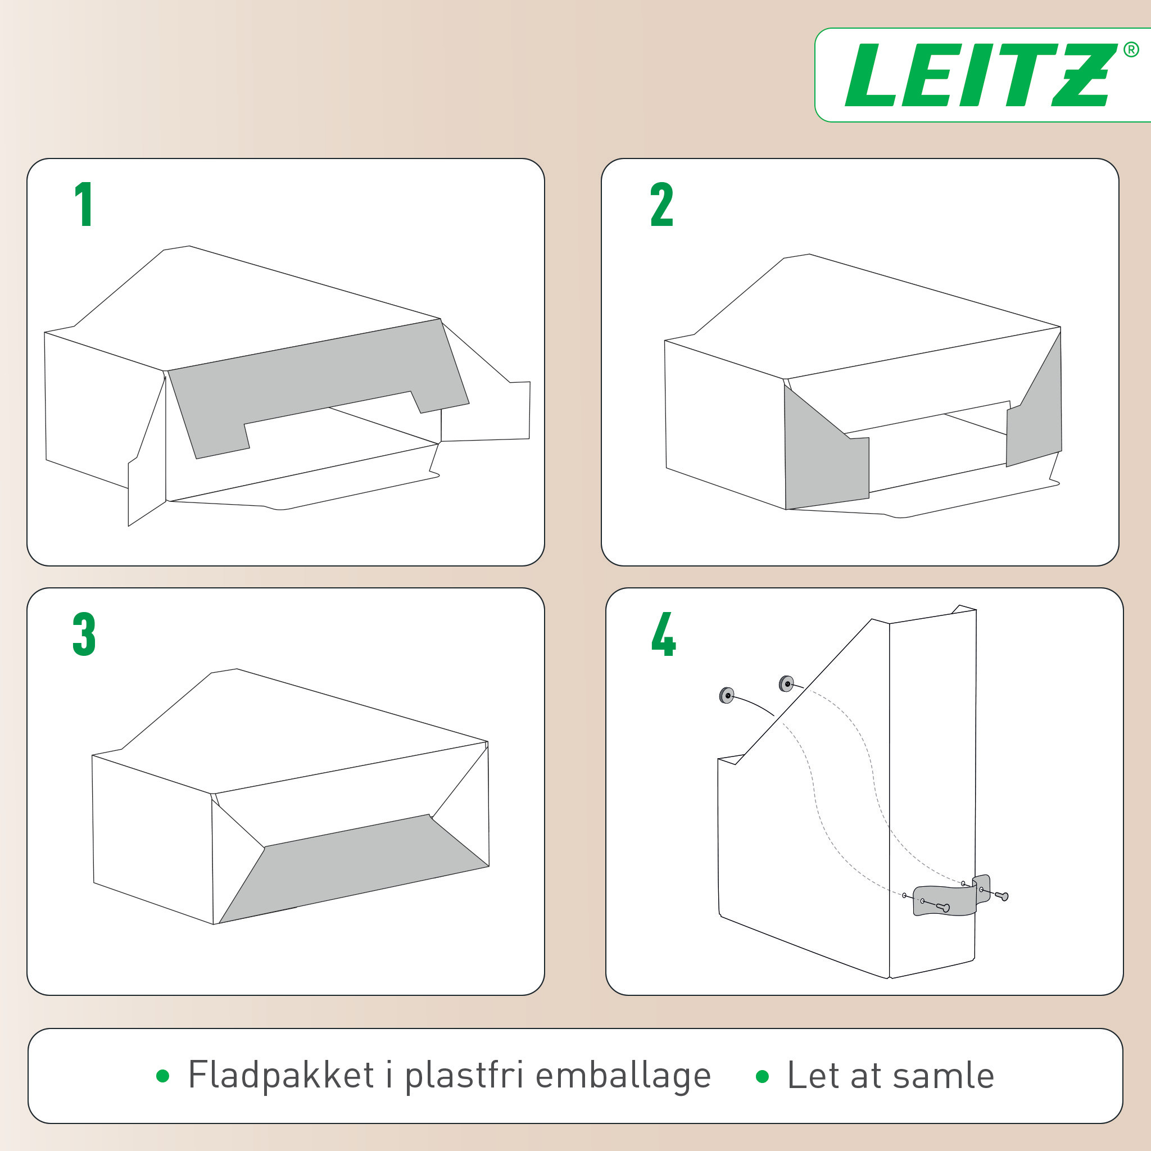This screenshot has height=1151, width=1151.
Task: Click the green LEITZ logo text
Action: coord(977,76)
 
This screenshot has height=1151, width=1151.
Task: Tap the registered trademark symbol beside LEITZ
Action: coord(1131,50)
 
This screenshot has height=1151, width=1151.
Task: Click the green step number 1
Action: coord(84,205)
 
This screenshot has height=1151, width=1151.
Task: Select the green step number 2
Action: coord(661,205)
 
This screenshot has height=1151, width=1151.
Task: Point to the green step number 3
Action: coord(84,634)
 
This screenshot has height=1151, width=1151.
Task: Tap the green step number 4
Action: coord(663,634)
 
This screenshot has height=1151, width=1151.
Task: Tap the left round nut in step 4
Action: coord(726,695)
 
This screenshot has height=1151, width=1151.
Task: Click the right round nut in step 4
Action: coord(786,683)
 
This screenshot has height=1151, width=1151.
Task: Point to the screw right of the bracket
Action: coord(1002,896)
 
